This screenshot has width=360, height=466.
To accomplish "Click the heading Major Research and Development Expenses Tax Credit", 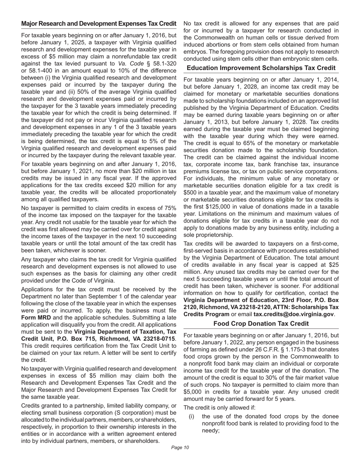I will [99, 23].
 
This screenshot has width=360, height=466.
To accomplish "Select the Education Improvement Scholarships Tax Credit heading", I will [261, 68].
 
